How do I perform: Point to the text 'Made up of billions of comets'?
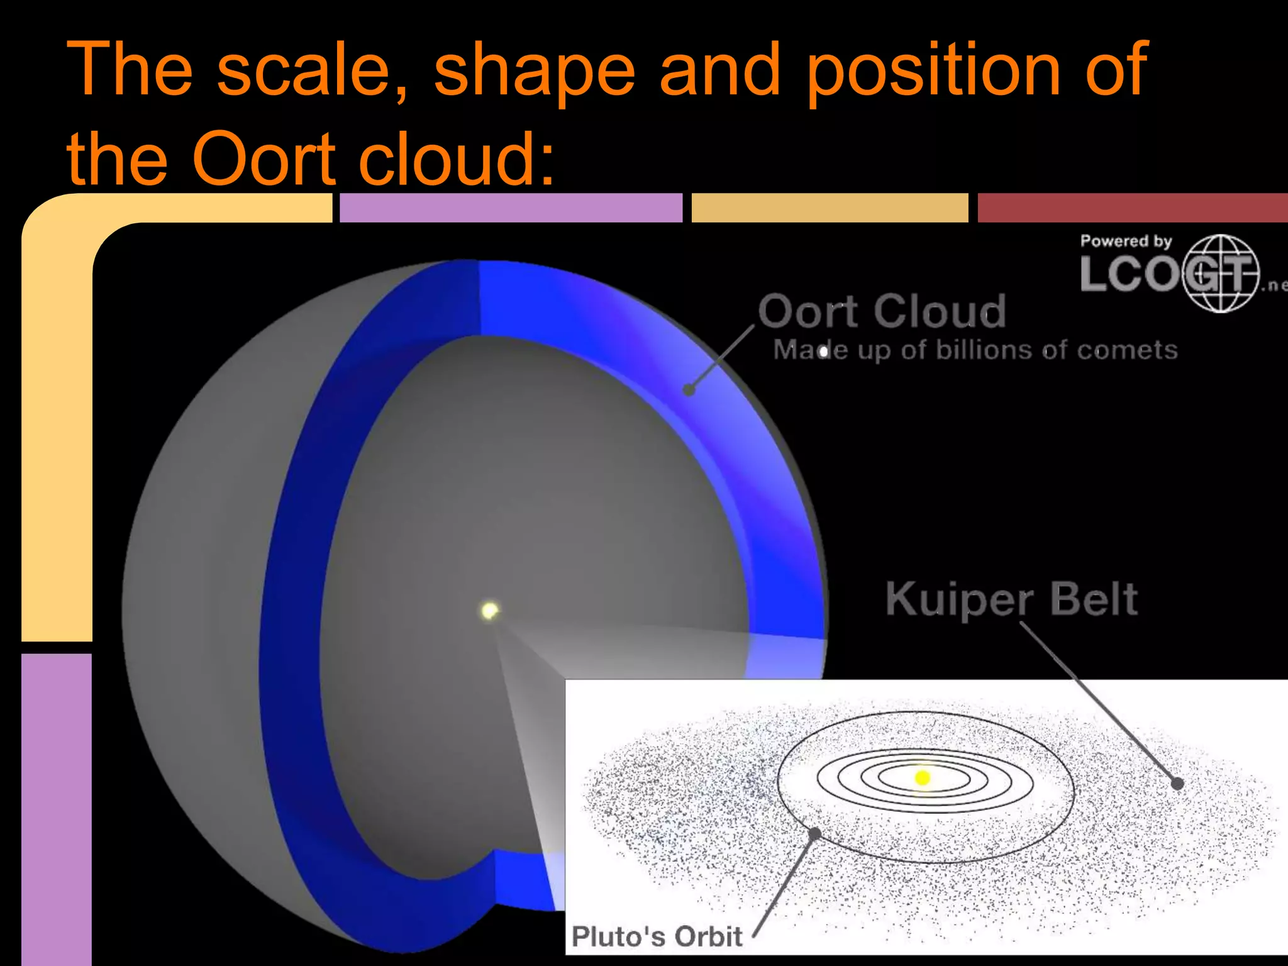tap(975, 350)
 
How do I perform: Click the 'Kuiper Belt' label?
tap(1011, 599)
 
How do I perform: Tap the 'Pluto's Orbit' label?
tap(657, 936)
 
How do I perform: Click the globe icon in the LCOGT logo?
tap(1220, 274)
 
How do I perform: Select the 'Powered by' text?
tap(1126, 241)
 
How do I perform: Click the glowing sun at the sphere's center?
tap(489, 610)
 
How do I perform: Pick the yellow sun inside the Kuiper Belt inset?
tap(923, 778)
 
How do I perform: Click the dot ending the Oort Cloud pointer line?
tap(689, 390)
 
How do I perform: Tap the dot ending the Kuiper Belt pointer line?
tap(1177, 784)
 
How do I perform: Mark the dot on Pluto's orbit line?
tap(815, 834)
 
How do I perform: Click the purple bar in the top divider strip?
tap(511, 208)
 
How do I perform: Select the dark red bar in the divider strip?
tap(1132, 208)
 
